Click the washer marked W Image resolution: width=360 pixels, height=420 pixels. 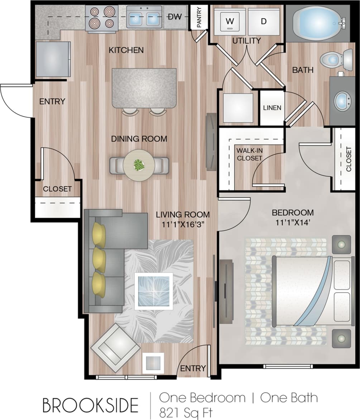click(x=230, y=22)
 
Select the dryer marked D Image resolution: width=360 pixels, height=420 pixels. click(x=264, y=22)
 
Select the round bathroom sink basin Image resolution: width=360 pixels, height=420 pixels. click(x=342, y=101)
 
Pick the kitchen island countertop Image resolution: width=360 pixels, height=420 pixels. click(x=144, y=88)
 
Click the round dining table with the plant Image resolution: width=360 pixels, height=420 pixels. click(x=139, y=165)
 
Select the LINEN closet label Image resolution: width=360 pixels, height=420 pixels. click(x=272, y=108)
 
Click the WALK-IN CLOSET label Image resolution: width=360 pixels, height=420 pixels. click(x=250, y=154)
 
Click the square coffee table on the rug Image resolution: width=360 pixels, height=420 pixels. click(x=153, y=291)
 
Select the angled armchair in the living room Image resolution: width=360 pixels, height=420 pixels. click(x=115, y=347)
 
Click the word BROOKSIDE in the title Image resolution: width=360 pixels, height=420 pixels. click(x=90, y=405)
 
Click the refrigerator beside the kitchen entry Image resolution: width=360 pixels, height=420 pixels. click(x=53, y=59)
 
